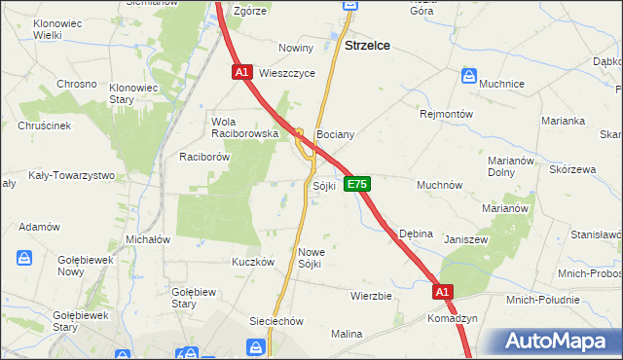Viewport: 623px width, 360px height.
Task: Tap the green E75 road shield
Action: [x=356, y=184]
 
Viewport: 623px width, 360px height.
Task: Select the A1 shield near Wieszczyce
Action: [x=243, y=72]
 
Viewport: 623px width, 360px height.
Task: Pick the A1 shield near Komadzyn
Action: [x=443, y=291]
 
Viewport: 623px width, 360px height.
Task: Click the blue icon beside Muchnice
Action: [x=469, y=75]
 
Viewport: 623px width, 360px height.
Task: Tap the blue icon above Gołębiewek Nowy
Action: [x=24, y=258]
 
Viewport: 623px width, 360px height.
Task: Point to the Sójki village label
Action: [x=324, y=186]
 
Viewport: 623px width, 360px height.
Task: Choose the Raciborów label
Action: [x=203, y=156]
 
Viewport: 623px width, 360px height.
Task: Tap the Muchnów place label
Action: [x=439, y=184]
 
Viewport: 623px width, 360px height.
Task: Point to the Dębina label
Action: [x=416, y=234]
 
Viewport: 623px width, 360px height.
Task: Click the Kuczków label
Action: [x=253, y=262]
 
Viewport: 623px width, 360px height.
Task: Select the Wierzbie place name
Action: [x=370, y=296]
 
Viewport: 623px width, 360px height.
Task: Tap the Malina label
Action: [x=346, y=334]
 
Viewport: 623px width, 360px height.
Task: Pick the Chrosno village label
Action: [x=76, y=84]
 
